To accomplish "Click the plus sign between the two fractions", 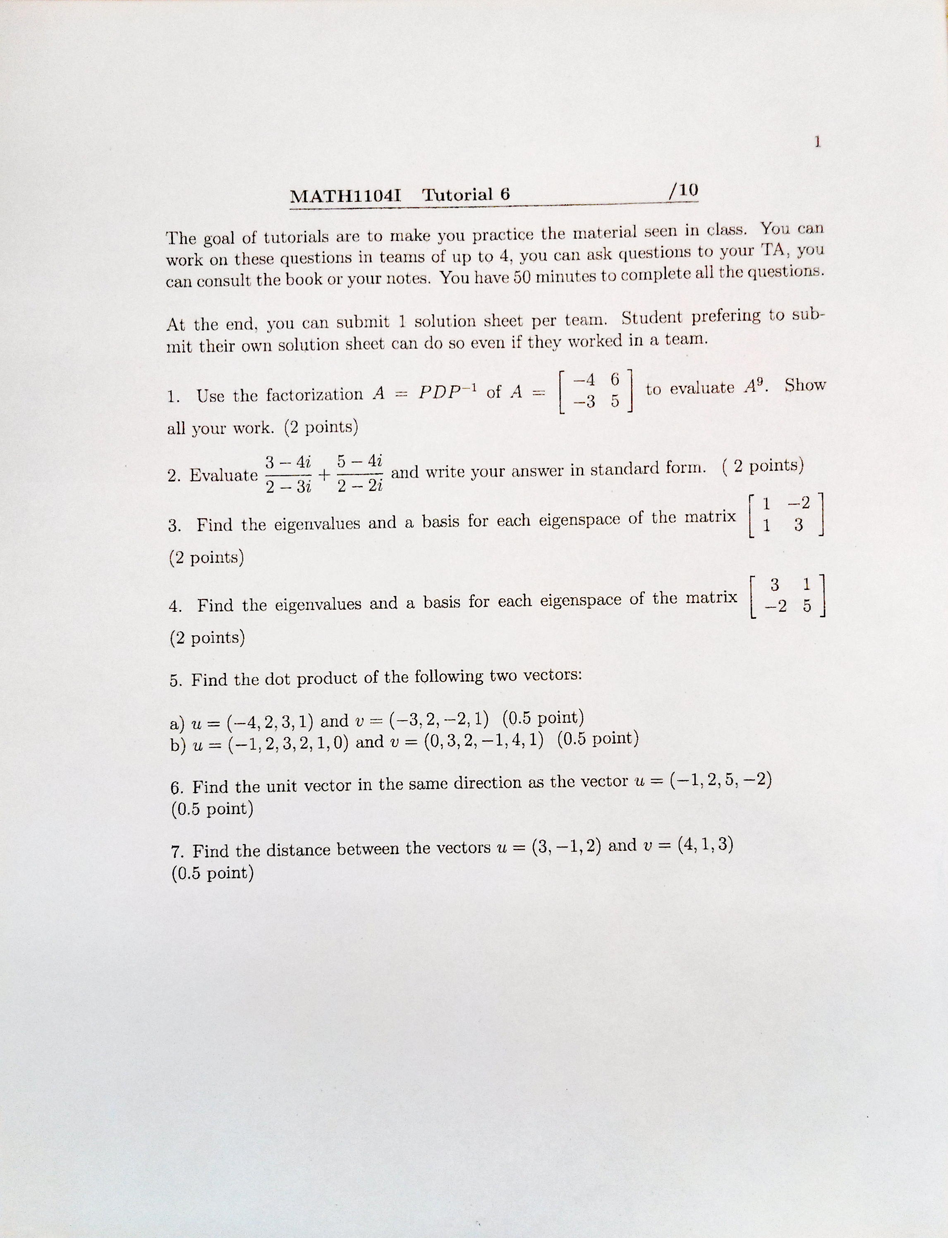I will [x=324, y=474].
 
